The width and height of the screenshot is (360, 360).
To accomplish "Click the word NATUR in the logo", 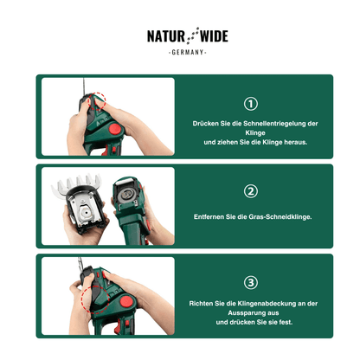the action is [x=166, y=36].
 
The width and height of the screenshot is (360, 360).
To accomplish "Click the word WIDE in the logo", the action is [x=214, y=36].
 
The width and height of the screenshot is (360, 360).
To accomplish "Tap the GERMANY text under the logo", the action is [x=188, y=52].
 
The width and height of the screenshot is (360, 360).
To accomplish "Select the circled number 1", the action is [x=251, y=104].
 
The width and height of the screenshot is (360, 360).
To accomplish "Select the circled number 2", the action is [x=251, y=191].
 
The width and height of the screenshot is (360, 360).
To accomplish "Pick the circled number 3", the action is [x=251, y=283].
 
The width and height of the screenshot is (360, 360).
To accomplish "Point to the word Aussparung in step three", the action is [x=245, y=313].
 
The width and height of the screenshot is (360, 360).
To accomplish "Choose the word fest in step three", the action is [x=286, y=322].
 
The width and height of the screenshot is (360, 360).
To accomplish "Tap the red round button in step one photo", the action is [x=115, y=129].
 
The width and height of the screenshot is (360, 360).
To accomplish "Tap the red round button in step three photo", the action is [x=126, y=302].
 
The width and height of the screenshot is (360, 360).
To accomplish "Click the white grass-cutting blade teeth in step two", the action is [x=76, y=183].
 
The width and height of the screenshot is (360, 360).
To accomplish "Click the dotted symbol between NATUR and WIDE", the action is [x=192, y=35].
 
